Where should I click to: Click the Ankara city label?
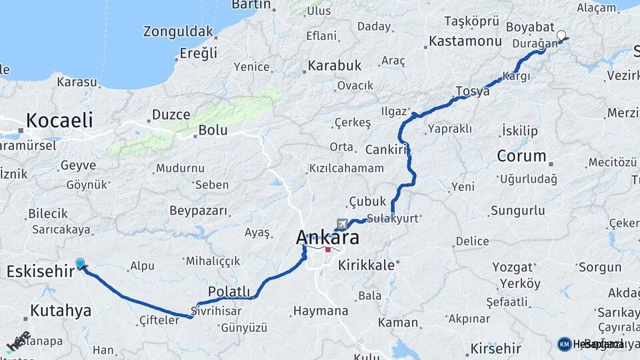tap(327, 237)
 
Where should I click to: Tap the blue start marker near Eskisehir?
tap(81, 264)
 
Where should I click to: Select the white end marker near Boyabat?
tap(561, 36)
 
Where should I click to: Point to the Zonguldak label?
tap(178, 31)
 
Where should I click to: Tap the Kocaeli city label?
tap(59, 121)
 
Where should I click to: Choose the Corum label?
tap(521, 156)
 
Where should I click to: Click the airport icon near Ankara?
tap(342, 223)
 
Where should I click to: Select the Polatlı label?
tap(229, 291)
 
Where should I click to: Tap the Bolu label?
tap(213, 131)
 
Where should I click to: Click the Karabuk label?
tap(334, 65)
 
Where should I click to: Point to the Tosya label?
tap(472, 91)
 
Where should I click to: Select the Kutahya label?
tap(60, 311)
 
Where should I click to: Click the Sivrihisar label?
tap(216, 311)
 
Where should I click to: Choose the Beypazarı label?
tap(198, 211)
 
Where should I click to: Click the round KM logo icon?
tap(564, 344)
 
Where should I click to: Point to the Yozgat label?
tap(513, 267)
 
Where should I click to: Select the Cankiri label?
tap(386, 149)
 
